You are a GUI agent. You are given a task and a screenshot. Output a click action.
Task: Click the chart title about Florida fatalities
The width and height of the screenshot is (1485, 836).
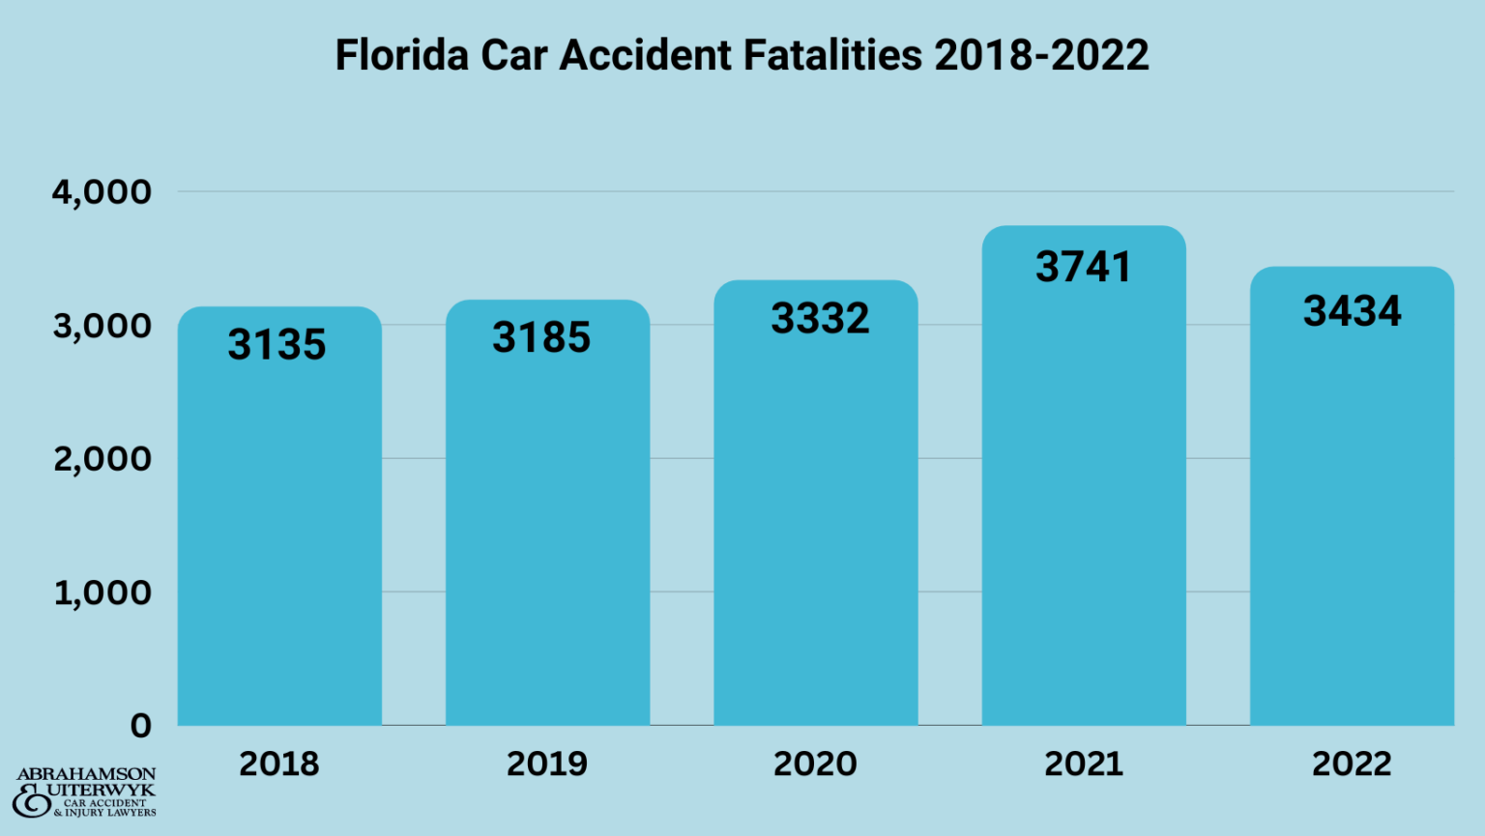click(x=742, y=55)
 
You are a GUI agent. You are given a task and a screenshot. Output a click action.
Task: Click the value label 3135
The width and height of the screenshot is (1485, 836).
click(x=277, y=345)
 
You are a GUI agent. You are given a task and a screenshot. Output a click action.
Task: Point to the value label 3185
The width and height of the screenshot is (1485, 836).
click(x=541, y=337)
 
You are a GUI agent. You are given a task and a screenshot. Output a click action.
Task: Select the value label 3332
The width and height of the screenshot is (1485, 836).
click(x=820, y=319)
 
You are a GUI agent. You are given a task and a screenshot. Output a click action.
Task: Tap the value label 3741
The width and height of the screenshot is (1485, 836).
click(x=1084, y=267)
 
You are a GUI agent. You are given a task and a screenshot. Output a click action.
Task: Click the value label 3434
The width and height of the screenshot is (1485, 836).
click(x=1352, y=311)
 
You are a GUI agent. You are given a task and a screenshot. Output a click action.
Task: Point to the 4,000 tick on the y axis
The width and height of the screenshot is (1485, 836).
click(x=102, y=192)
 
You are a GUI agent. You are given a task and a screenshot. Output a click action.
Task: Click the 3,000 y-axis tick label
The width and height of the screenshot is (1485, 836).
click(x=102, y=326)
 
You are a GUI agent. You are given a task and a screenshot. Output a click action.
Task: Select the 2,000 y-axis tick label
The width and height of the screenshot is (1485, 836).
click(x=102, y=459)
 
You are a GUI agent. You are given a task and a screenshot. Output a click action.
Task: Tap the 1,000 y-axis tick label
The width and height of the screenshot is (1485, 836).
click(x=102, y=592)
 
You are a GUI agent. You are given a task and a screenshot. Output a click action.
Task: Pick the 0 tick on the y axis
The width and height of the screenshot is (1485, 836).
click(x=141, y=726)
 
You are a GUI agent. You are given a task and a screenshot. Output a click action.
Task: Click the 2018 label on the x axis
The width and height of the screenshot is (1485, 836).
click(x=279, y=764)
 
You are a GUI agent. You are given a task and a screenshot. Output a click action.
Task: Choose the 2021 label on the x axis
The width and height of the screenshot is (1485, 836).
click(x=1084, y=764)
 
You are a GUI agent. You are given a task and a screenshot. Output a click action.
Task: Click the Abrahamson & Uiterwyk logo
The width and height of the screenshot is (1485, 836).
click(x=85, y=793)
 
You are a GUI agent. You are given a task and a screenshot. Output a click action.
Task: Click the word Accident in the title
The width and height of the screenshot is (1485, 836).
click(x=645, y=55)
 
